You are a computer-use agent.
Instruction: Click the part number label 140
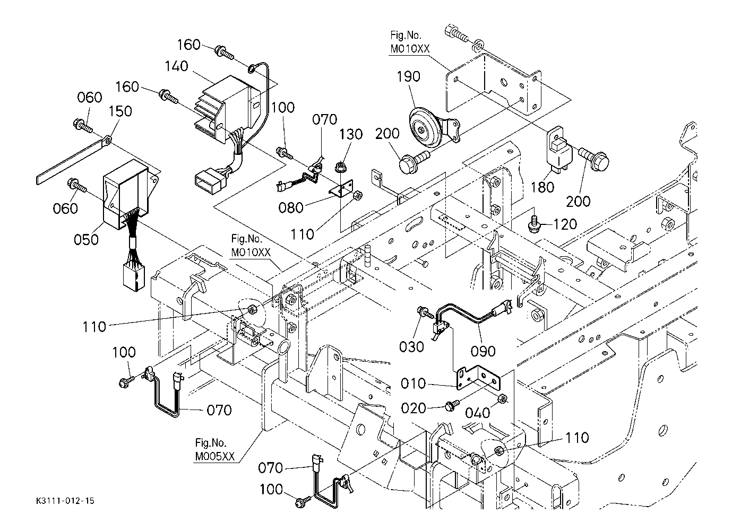click(x=176, y=66)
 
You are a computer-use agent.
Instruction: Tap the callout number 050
click(x=87, y=239)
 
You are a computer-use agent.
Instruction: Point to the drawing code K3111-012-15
click(x=66, y=501)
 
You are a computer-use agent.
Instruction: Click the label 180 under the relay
click(x=542, y=187)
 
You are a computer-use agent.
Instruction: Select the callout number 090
click(x=483, y=351)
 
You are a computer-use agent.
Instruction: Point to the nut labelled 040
click(x=502, y=399)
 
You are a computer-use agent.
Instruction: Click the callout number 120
click(x=564, y=224)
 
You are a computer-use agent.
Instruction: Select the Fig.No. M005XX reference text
click(x=214, y=450)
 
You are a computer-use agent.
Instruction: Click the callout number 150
click(x=120, y=111)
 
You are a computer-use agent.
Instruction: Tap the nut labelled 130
click(x=340, y=169)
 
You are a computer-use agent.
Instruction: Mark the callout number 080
click(x=291, y=207)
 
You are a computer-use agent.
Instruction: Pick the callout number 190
click(x=408, y=76)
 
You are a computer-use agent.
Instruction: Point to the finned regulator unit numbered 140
click(x=226, y=109)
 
